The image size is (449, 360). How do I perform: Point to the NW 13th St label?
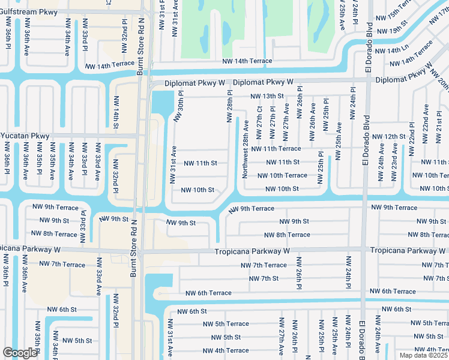(x=267, y=96)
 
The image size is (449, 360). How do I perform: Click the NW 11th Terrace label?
(x=276, y=148)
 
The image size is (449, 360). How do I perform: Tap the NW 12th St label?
(x=390, y=137)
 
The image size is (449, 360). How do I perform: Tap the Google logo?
(x=20, y=353)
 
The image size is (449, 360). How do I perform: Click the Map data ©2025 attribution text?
(x=423, y=355)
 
